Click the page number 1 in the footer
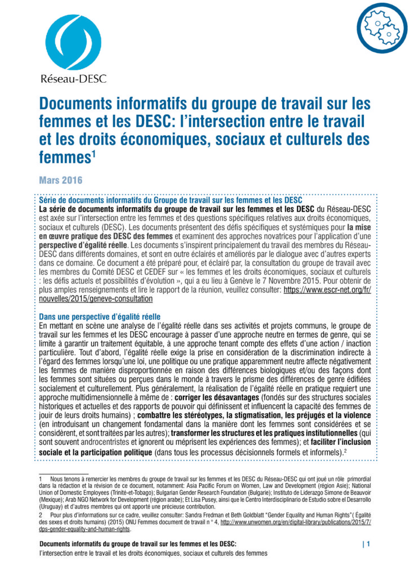(368, 544)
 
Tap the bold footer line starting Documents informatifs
(138, 544)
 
